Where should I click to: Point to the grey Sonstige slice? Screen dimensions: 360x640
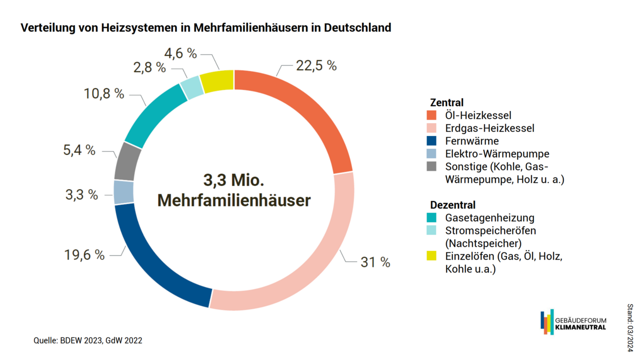point(125,161)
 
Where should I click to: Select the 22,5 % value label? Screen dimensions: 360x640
point(316,65)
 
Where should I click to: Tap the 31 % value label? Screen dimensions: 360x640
point(375,262)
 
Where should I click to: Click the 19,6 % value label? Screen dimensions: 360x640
point(84,255)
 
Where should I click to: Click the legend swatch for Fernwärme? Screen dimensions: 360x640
point(432,141)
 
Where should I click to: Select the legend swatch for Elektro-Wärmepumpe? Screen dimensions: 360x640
point(432,154)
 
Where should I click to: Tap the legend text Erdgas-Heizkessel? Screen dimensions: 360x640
point(489,128)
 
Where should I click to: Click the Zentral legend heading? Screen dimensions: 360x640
point(447,102)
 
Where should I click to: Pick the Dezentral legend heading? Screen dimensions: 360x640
point(453,205)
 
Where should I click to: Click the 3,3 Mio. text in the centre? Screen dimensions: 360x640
point(233,180)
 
